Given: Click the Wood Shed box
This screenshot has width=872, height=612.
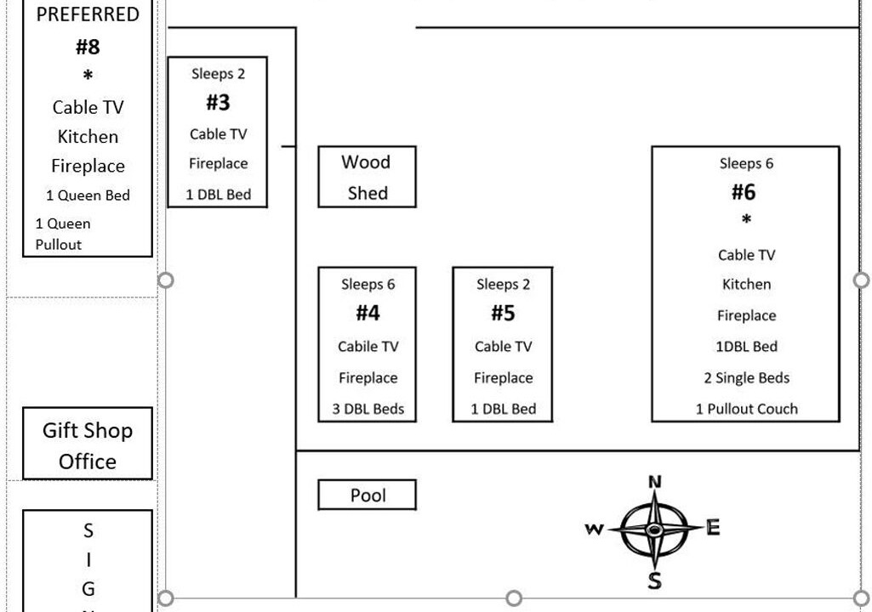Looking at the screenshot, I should (x=367, y=177).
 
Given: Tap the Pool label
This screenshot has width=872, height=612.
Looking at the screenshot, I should (x=368, y=496).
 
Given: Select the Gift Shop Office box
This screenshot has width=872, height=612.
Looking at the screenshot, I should (x=88, y=445).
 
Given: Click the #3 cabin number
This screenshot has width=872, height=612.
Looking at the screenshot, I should (x=218, y=103).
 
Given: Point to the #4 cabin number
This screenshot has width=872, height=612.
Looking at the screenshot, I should (x=368, y=314).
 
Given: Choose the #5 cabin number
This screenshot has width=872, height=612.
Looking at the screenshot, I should (x=503, y=314).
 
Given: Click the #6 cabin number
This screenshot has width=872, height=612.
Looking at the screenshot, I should (x=744, y=192).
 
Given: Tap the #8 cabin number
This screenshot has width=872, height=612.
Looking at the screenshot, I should (x=88, y=47).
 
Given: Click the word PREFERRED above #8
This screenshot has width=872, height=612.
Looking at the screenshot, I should (x=88, y=14).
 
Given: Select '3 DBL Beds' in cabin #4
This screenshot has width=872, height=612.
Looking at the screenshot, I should (x=368, y=409).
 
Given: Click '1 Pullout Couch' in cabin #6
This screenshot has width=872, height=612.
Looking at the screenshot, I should (x=746, y=409).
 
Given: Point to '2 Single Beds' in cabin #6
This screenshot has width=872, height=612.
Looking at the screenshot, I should (x=746, y=378).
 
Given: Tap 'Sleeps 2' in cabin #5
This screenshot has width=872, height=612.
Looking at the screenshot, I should (x=503, y=284).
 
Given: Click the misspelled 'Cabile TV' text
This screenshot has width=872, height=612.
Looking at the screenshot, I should (x=368, y=346).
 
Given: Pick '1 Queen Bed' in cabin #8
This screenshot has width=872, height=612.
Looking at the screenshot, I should (x=88, y=195).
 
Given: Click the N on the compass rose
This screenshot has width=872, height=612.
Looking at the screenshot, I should (x=654, y=483).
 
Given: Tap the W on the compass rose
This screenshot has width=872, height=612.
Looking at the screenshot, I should (x=594, y=530).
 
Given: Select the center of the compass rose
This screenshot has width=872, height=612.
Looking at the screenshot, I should (x=653, y=530).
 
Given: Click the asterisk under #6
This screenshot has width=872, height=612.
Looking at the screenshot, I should (x=746, y=221).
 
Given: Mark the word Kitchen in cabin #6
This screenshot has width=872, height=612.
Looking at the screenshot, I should (x=746, y=284).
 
